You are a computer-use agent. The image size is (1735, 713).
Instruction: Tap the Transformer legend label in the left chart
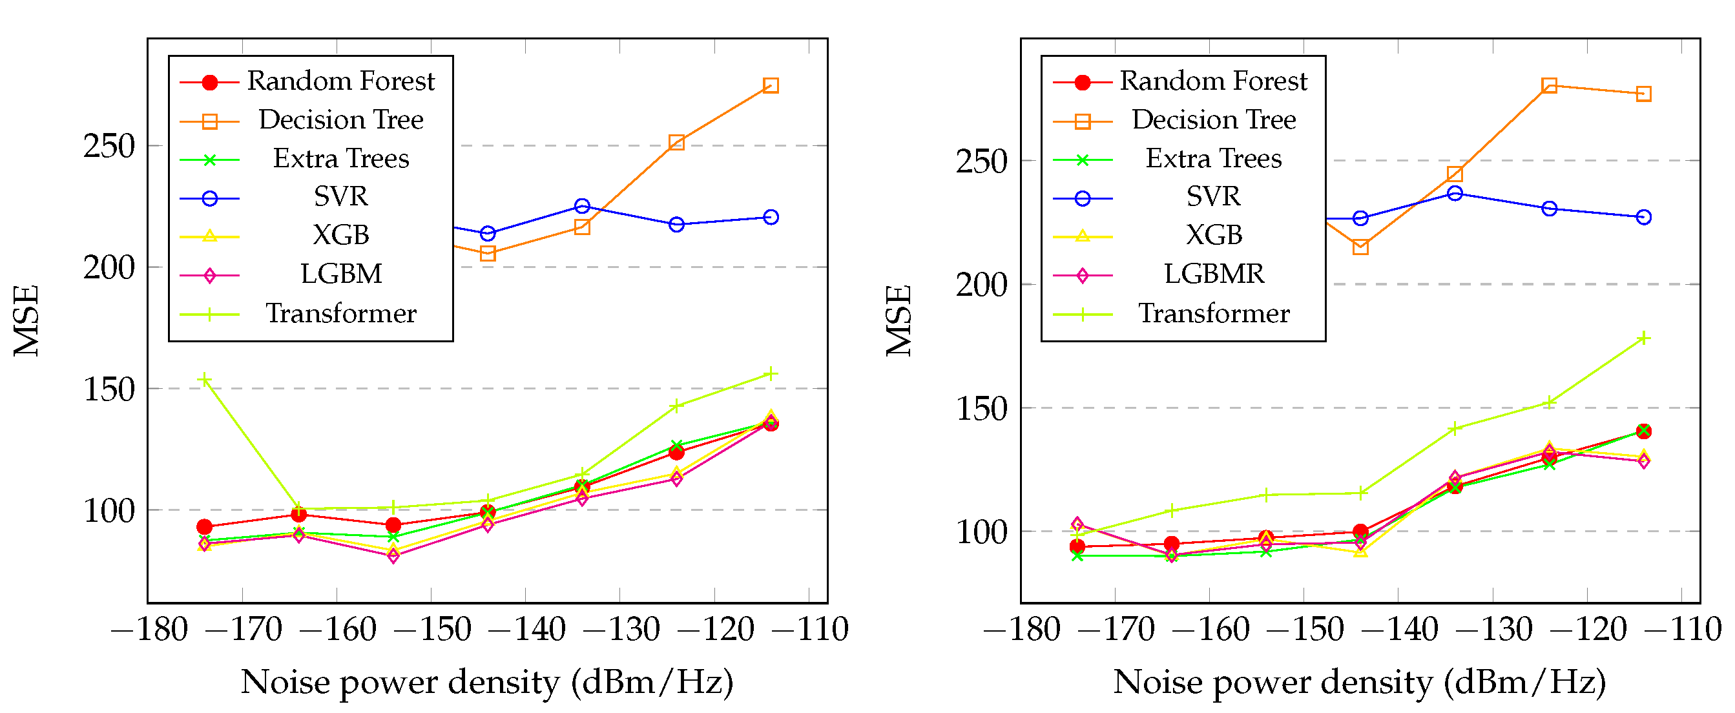pos(341,314)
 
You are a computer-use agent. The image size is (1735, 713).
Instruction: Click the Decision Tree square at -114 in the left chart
pos(771,85)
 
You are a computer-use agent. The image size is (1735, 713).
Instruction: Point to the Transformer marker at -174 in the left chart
pos(205,380)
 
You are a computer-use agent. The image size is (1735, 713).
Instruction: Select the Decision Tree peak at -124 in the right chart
pos(1549,85)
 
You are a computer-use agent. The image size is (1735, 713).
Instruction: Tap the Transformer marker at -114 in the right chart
pos(1643,338)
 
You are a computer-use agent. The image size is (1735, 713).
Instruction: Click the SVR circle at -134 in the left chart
pos(583,206)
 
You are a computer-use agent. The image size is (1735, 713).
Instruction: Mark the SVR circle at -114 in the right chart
pos(1643,218)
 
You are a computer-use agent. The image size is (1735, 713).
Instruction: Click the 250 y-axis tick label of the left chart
pos(109,146)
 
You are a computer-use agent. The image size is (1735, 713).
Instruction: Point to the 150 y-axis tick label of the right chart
pos(982,409)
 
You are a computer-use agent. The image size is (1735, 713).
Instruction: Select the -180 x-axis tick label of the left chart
pos(149,630)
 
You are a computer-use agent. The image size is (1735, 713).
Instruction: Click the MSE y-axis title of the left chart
pos(27,320)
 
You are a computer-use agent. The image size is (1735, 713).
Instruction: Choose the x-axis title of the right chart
pos(1359,682)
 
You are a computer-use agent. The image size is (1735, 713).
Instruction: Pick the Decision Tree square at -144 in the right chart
pos(1360,247)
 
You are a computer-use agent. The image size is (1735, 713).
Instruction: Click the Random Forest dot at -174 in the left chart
pos(205,527)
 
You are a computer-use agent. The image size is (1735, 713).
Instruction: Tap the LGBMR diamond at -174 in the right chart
pos(1077,524)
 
